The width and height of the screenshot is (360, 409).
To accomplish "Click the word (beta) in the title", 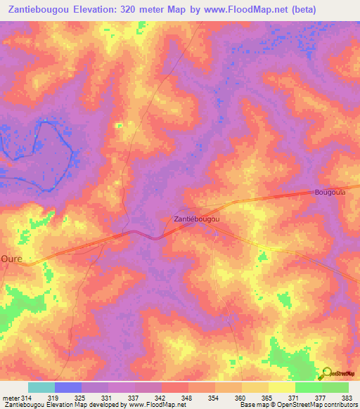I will click(301, 10).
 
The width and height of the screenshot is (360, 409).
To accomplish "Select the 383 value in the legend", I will click(347, 398).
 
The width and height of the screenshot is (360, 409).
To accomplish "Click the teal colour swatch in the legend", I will click(41, 387).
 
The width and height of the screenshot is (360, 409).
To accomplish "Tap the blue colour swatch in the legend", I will click(68, 387).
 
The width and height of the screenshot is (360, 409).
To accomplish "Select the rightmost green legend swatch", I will click(335, 387).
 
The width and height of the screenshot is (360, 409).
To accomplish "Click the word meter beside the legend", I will click(11, 398).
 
